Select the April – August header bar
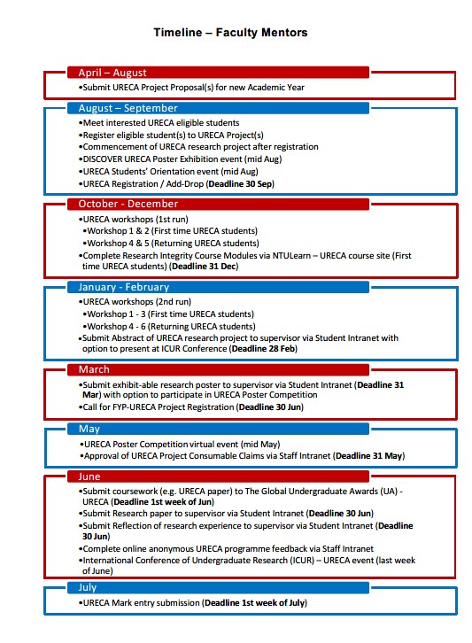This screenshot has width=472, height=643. (x=218, y=73)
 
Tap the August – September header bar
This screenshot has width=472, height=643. (x=218, y=108)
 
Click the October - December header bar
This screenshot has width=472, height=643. (x=218, y=204)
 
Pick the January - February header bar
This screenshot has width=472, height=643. (x=218, y=287)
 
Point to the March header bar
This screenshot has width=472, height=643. (x=218, y=369)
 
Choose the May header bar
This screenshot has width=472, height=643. (x=218, y=429)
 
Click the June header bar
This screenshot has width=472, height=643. (x=218, y=476)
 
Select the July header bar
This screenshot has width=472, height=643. (x=218, y=587)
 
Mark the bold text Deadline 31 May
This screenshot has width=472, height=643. (x=368, y=455)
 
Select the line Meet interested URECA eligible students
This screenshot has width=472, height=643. (x=159, y=122)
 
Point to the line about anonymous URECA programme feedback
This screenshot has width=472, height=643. (x=226, y=548)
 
